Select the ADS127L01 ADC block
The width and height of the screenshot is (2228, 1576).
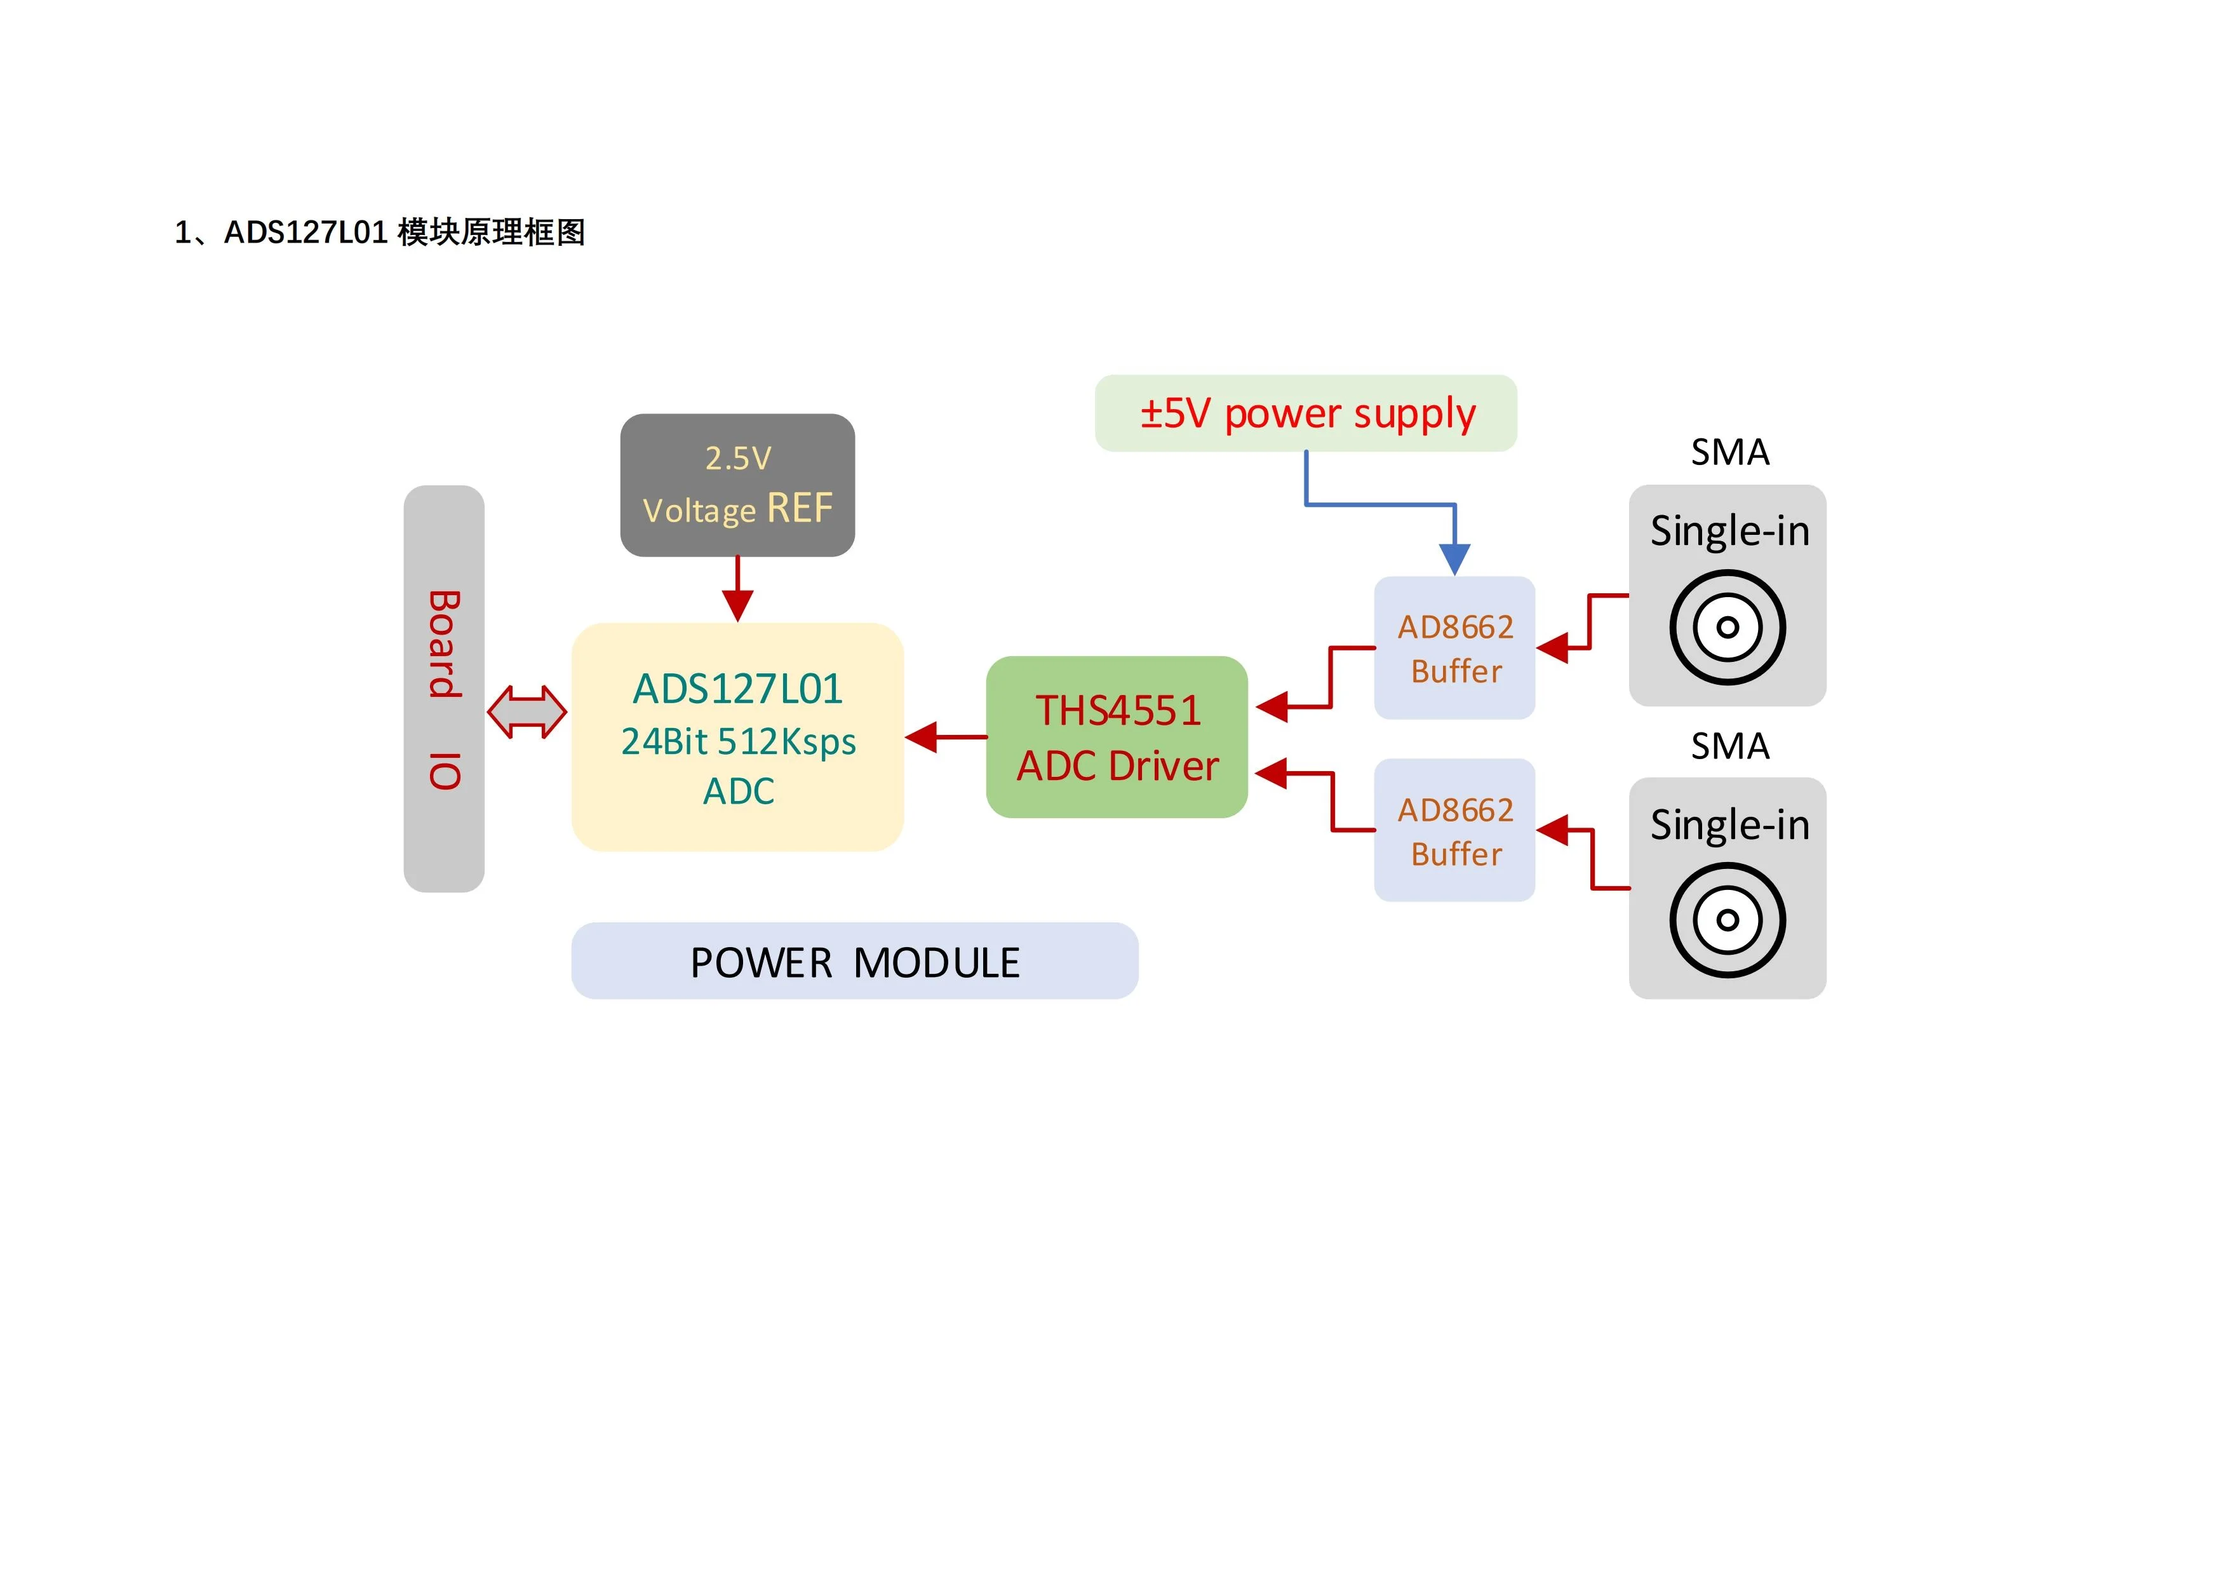tap(737, 737)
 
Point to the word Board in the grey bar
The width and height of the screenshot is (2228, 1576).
tap(445, 643)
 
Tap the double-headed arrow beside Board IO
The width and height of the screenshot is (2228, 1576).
tap(527, 711)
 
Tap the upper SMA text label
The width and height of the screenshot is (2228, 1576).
tap(1729, 452)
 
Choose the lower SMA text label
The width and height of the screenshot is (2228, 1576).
tap(1729, 746)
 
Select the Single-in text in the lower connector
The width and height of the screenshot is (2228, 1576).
tap(1729, 825)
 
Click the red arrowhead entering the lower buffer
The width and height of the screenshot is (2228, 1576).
tap(1554, 830)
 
